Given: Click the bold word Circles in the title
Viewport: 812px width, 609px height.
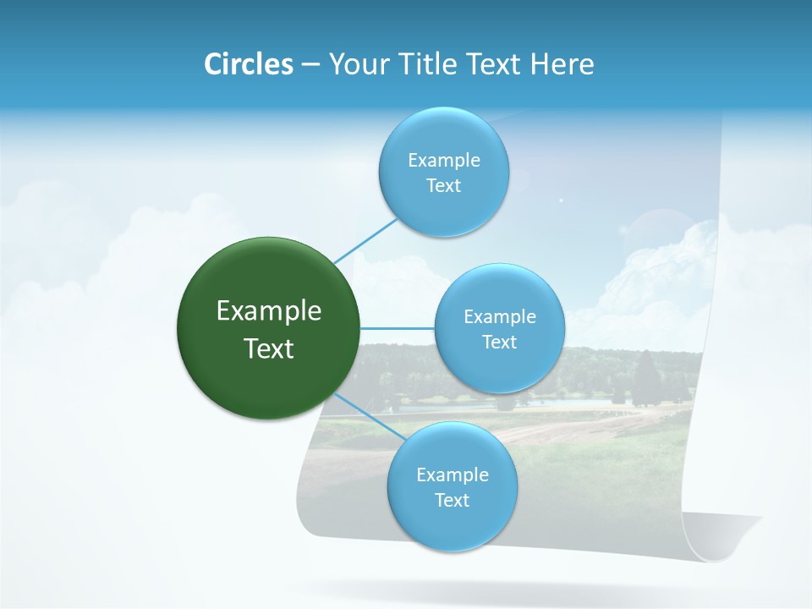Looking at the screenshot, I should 248,64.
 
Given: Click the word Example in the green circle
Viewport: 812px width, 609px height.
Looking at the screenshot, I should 269,311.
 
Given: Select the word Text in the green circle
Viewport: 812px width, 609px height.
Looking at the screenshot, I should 269,348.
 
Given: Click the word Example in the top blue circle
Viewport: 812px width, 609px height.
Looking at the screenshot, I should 444,161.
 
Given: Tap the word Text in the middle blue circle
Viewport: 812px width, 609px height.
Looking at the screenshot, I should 499,343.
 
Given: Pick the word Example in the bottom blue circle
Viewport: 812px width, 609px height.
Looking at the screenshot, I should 453,475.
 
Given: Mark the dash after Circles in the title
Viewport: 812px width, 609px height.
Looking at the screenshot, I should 310,65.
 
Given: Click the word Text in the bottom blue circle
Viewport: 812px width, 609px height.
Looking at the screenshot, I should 452,501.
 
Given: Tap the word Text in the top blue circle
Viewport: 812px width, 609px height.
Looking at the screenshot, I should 443,186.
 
